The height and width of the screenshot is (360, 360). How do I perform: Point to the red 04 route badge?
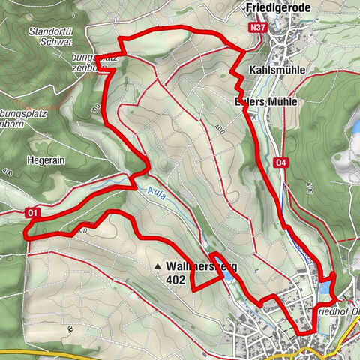(281, 162)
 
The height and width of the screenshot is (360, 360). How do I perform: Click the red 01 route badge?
(32, 213)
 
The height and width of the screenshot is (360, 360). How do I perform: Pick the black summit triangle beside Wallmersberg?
(157, 266)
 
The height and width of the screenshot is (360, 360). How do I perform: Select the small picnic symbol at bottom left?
(69, 328)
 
